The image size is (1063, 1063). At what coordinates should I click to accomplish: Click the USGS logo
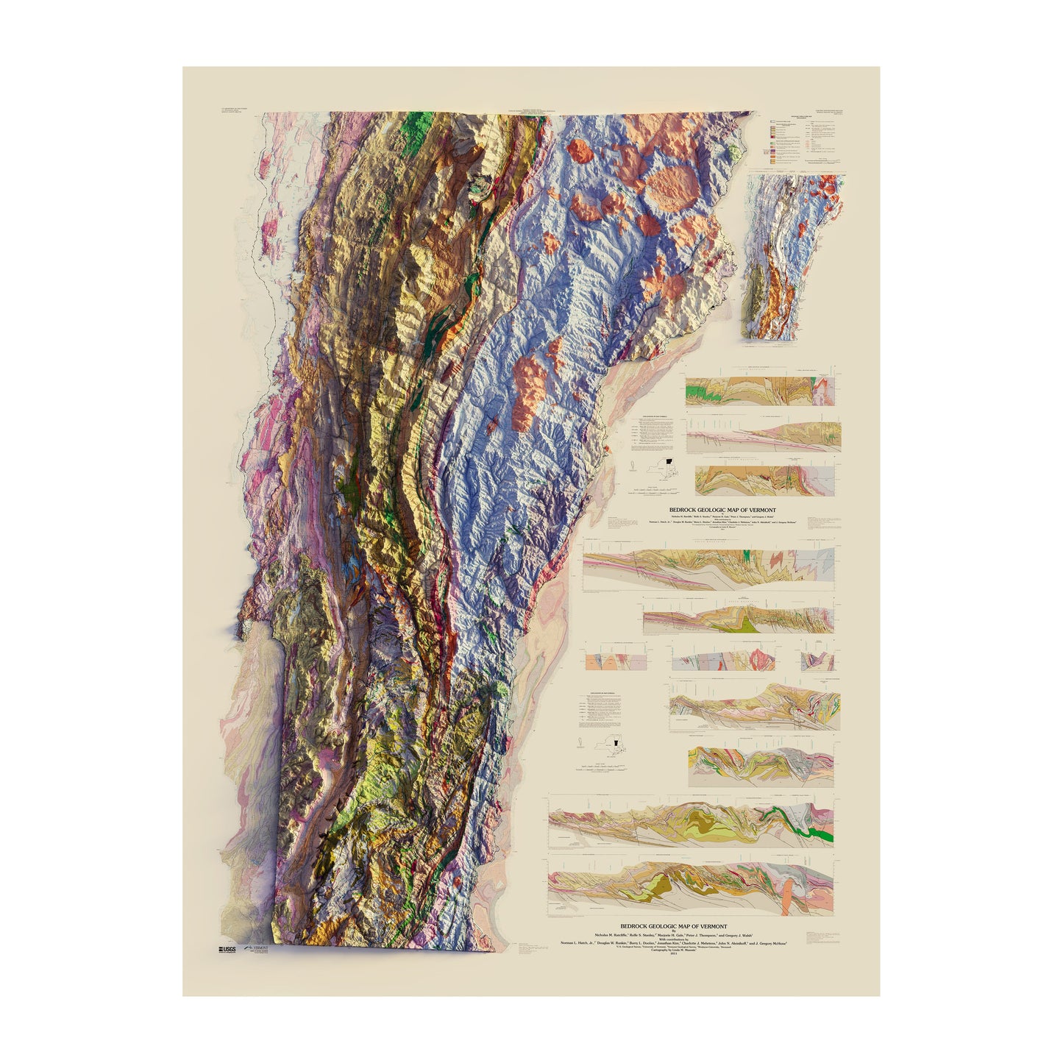pyautogui.click(x=227, y=950)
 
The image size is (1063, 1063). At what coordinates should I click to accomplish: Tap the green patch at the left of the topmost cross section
pyautogui.click(x=694, y=394)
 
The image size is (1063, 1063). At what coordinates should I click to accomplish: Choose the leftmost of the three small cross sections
pyautogui.click(x=607, y=660)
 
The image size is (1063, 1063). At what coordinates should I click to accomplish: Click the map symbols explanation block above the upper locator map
pyautogui.click(x=647, y=435)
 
